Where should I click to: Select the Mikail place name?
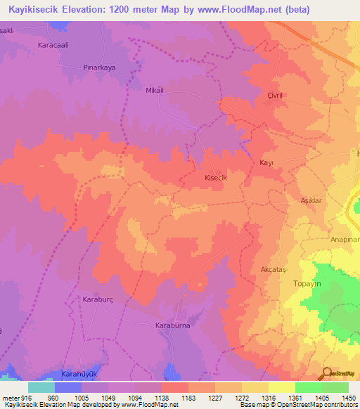point(154,91)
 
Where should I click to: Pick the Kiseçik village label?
point(214,178)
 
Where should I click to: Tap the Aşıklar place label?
point(311,200)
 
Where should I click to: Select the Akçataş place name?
point(274,269)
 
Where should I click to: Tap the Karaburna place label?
point(173,326)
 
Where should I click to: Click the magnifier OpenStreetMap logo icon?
point(327,373)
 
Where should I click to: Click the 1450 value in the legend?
point(349,397)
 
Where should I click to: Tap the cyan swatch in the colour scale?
point(41,387)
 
